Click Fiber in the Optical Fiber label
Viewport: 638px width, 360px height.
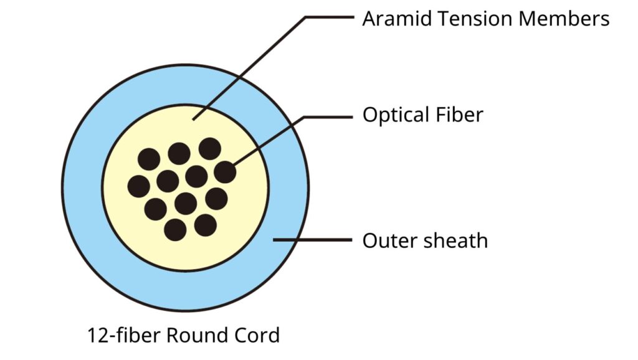click(x=459, y=115)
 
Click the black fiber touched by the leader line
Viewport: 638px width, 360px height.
click(x=225, y=172)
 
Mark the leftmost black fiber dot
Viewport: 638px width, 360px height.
click(x=139, y=186)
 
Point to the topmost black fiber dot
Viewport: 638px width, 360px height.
click(x=210, y=148)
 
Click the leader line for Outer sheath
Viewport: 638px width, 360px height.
click(x=313, y=240)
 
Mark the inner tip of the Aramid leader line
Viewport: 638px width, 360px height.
click(x=193, y=120)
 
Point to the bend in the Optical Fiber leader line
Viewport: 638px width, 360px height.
click(x=304, y=117)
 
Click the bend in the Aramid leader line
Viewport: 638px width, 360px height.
click(x=306, y=17)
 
